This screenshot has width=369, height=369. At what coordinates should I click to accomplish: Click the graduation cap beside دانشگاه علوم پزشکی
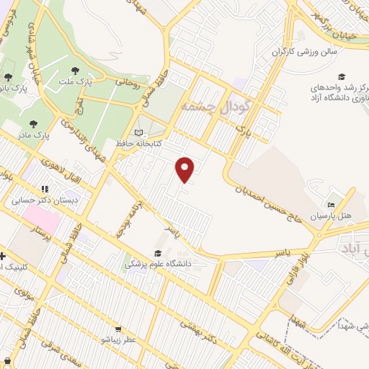tap(157, 253)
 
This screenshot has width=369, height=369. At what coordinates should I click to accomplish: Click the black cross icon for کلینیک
tap(3, 255)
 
